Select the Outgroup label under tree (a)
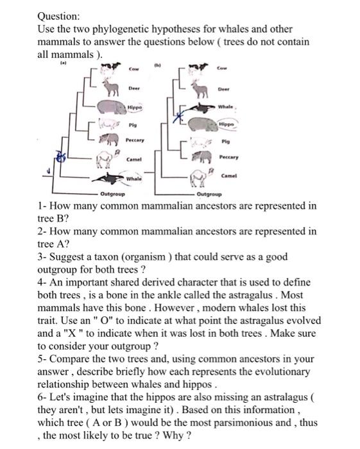[x=112, y=193]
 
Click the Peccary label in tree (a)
[x=135, y=139]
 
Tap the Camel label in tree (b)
[x=229, y=175]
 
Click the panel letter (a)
[x=64, y=63]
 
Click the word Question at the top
[x=59, y=16]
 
